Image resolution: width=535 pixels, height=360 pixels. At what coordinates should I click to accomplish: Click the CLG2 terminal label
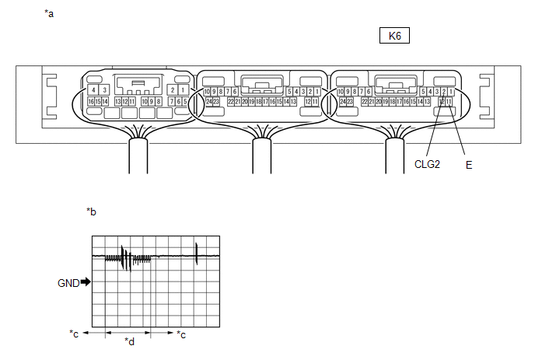pyautogui.click(x=428, y=165)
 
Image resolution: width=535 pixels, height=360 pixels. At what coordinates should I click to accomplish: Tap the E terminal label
pyautogui.click(x=469, y=165)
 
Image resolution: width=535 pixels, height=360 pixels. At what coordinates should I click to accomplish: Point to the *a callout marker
pyautogui.click(x=50, y=14)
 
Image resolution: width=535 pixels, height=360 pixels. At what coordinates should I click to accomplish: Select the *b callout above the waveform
pyautogui.click(x=91, y=211)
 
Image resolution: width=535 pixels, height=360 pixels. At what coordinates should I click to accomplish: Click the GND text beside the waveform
pyautogui.click(x=68, y=283)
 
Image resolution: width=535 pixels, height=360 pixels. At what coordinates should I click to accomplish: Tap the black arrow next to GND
pyautogui.click(x=86, y=283)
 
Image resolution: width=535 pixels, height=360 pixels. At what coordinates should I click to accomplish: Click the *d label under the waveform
pyautogui.click(x=130, y=341)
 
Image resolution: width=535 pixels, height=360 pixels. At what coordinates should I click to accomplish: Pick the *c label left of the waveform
pyautogui.click(x=75, y=334)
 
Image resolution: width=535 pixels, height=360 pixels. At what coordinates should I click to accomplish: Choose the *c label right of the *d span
pyautogui.click(x=181, y=334)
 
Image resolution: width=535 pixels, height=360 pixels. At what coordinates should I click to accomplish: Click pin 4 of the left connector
pyautogui.click(x=93, y=90)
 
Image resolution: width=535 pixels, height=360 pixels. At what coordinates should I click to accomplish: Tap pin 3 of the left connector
pyautogui.click(x=103, y=90)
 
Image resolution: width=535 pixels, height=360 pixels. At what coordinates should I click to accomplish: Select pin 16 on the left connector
pyautogui.click(x=91, y=101)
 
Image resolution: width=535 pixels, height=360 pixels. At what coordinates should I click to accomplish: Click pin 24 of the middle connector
pyautogui.click(x=208, y=101)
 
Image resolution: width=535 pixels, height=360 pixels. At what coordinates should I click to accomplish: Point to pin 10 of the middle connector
pyautogui.click(x=206, y=92)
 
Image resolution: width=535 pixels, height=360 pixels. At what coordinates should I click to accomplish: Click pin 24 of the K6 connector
pyautogui.click(x=341, y=101)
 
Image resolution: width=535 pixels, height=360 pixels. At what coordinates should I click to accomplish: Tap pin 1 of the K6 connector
pyautogui.click(x=451, y=92)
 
